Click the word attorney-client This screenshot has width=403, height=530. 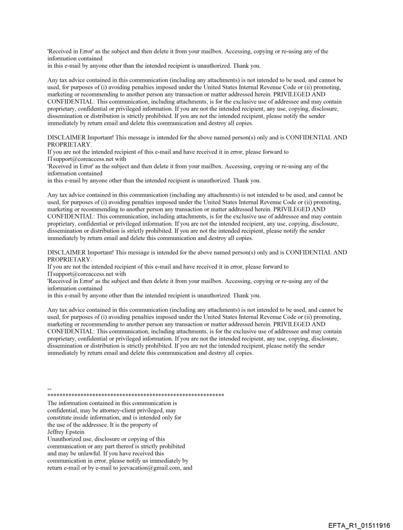click(x=107, y=410)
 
